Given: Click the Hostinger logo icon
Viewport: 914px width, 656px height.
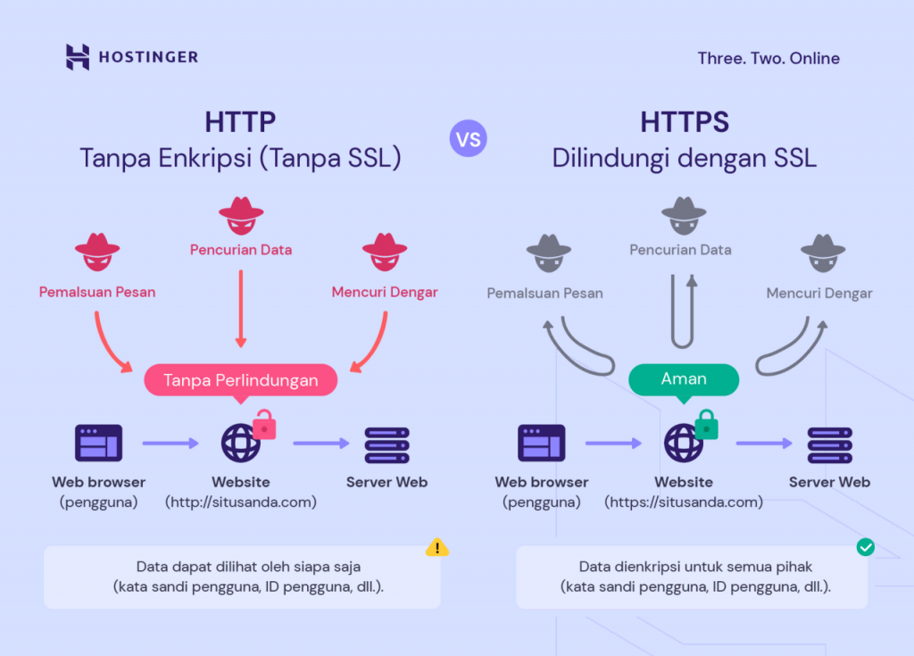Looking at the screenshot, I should tap(78, 57).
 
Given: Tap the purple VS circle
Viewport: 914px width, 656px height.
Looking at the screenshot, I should tap(469, 139).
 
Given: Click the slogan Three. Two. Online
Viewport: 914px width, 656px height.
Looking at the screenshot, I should tap(769, 58).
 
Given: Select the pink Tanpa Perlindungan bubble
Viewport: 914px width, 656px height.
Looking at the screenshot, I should tap(240, 380).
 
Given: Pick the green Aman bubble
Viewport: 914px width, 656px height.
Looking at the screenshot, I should tap(684, 379).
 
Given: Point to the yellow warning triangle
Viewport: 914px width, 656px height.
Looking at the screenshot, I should tap(436, 547).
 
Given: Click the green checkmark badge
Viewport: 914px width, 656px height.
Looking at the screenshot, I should tap(865, 547).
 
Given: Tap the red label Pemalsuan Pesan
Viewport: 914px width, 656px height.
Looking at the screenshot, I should tap(97, 292).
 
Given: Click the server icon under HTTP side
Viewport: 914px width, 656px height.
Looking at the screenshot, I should tap(386, 444).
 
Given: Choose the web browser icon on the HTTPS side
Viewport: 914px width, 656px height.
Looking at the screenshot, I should tap(541, 443).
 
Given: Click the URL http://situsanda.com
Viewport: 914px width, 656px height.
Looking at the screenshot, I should tap(241, 502).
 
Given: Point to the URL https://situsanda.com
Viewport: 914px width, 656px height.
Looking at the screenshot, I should tap(684, 502).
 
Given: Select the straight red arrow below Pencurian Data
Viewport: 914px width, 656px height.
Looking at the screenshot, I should tap(240, 308).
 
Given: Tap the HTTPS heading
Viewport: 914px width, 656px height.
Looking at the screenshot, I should tap(684, 121).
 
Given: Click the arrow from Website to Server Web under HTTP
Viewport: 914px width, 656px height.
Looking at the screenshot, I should tap(320, 443).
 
